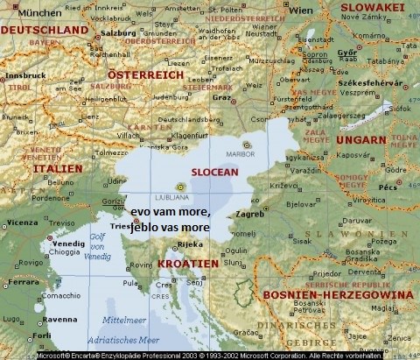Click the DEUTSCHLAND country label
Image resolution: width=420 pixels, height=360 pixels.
click(x=45, y=30)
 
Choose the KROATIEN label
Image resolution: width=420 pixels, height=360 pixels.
click(x=189, y=263)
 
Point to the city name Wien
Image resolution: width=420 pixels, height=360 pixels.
click(x=276, y=11)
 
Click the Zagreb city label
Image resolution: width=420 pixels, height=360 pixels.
click(x=250, y=214)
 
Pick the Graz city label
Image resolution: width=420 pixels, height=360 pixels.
click(x=222, y=97)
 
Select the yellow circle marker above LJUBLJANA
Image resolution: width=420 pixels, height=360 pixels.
click(x=180, y=187)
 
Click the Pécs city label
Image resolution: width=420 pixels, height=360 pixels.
click(x=388, y=187)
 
